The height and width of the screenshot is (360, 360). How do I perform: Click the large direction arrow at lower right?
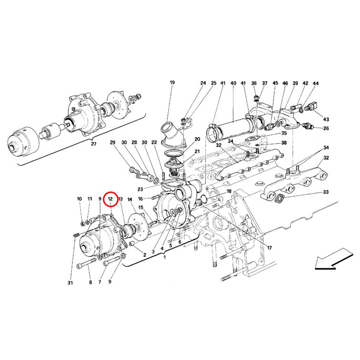tap(333, 259)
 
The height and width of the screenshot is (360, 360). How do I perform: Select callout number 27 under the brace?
tap(93, 144)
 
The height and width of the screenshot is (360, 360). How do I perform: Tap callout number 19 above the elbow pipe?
tap(172, 82)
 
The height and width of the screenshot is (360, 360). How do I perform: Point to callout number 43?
tap(326, 120)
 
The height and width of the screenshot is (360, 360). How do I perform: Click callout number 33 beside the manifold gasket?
tap(326, 192)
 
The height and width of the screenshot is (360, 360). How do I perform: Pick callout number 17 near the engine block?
tap(270, 248)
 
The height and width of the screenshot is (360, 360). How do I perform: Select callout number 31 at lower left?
tap(70, 283)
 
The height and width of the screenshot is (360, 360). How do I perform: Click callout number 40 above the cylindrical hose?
tap(233, 83)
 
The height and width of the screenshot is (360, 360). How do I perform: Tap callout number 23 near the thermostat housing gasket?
tap(140, 189)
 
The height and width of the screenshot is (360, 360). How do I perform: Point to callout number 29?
tap(112, 142)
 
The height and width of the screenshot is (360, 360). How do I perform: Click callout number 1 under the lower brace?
tap(164, 257)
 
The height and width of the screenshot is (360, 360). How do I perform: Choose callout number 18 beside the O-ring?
tap(229, 191)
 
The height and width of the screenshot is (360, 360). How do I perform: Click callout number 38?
tap(284, 143)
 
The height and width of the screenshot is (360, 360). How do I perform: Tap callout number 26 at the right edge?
tap(326, 129)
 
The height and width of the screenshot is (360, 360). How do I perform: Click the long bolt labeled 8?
tap(86, 263)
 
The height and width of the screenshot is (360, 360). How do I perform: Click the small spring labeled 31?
tap(77, 235)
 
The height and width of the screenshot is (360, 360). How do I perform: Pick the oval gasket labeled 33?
tap(280, 199)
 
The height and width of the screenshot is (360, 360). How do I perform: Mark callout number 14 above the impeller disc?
tap(130, 200)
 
